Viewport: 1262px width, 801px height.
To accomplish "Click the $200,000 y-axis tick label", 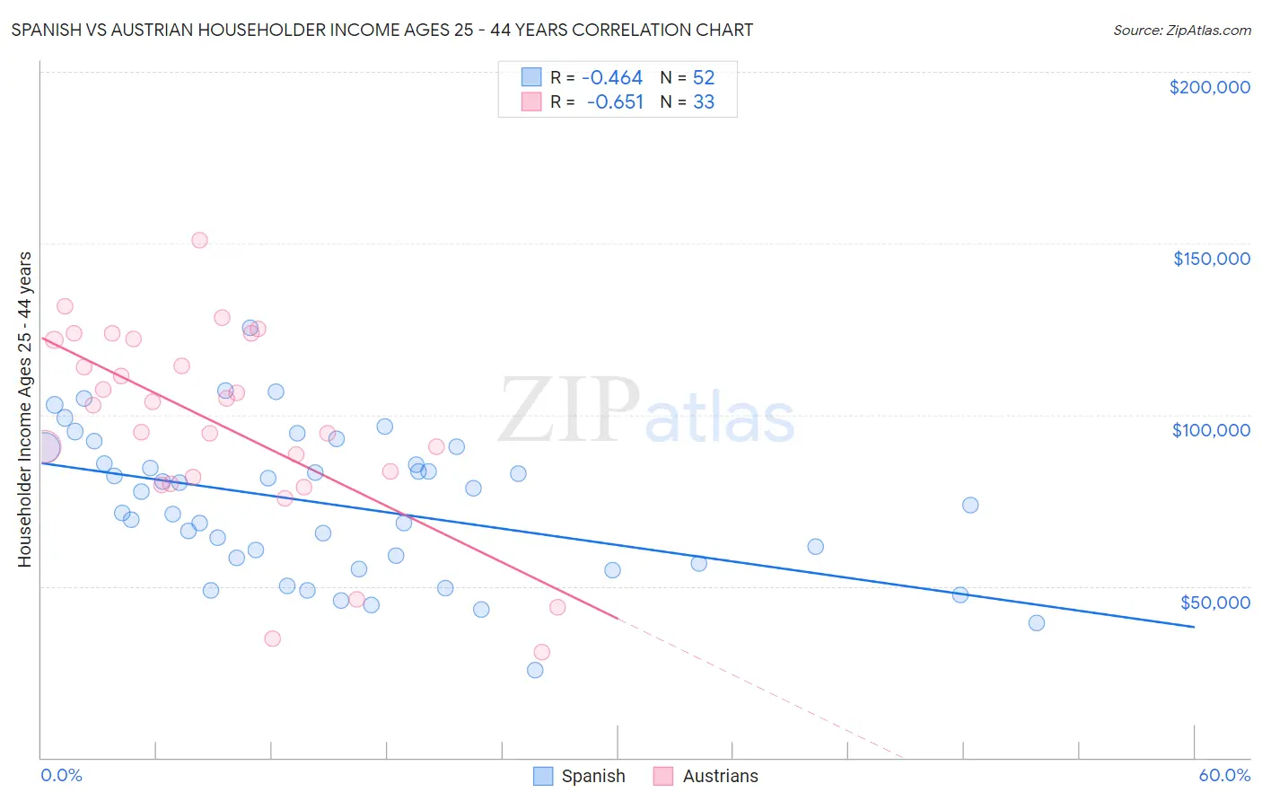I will [x=1209, y=87].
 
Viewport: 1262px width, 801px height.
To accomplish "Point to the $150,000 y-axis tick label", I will [x=1211, y=259].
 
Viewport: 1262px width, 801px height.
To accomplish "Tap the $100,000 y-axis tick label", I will [x=1211, y=430].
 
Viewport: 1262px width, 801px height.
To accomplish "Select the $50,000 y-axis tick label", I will [x=1214, y=603].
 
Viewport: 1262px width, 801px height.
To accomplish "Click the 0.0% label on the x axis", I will [x=61, y=775].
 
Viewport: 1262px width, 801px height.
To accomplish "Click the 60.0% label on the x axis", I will [x=1223, y=775].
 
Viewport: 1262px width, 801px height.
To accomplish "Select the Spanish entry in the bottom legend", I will [x=579, y=776].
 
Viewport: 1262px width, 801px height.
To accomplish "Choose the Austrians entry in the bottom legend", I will [x=705, y=776].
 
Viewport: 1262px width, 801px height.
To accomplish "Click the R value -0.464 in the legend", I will [x=612, y=78].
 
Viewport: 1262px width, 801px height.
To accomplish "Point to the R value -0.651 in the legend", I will [x=615, y=102].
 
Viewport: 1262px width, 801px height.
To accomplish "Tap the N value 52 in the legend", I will [x=704, y=78].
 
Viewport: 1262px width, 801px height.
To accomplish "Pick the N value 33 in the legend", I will [x=704, y=102].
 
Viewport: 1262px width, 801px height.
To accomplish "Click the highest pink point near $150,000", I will [x=199, y=240].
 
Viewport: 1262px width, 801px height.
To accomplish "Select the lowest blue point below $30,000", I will [x=535, y=670].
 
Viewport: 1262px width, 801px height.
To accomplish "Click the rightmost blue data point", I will [x=1037, y=623].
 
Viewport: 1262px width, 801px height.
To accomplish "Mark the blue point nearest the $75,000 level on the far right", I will [x=970, y=505].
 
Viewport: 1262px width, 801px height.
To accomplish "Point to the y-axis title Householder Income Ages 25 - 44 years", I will [x=24, y=409].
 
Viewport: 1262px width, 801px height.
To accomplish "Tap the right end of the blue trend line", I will [x=1194, y=627].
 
